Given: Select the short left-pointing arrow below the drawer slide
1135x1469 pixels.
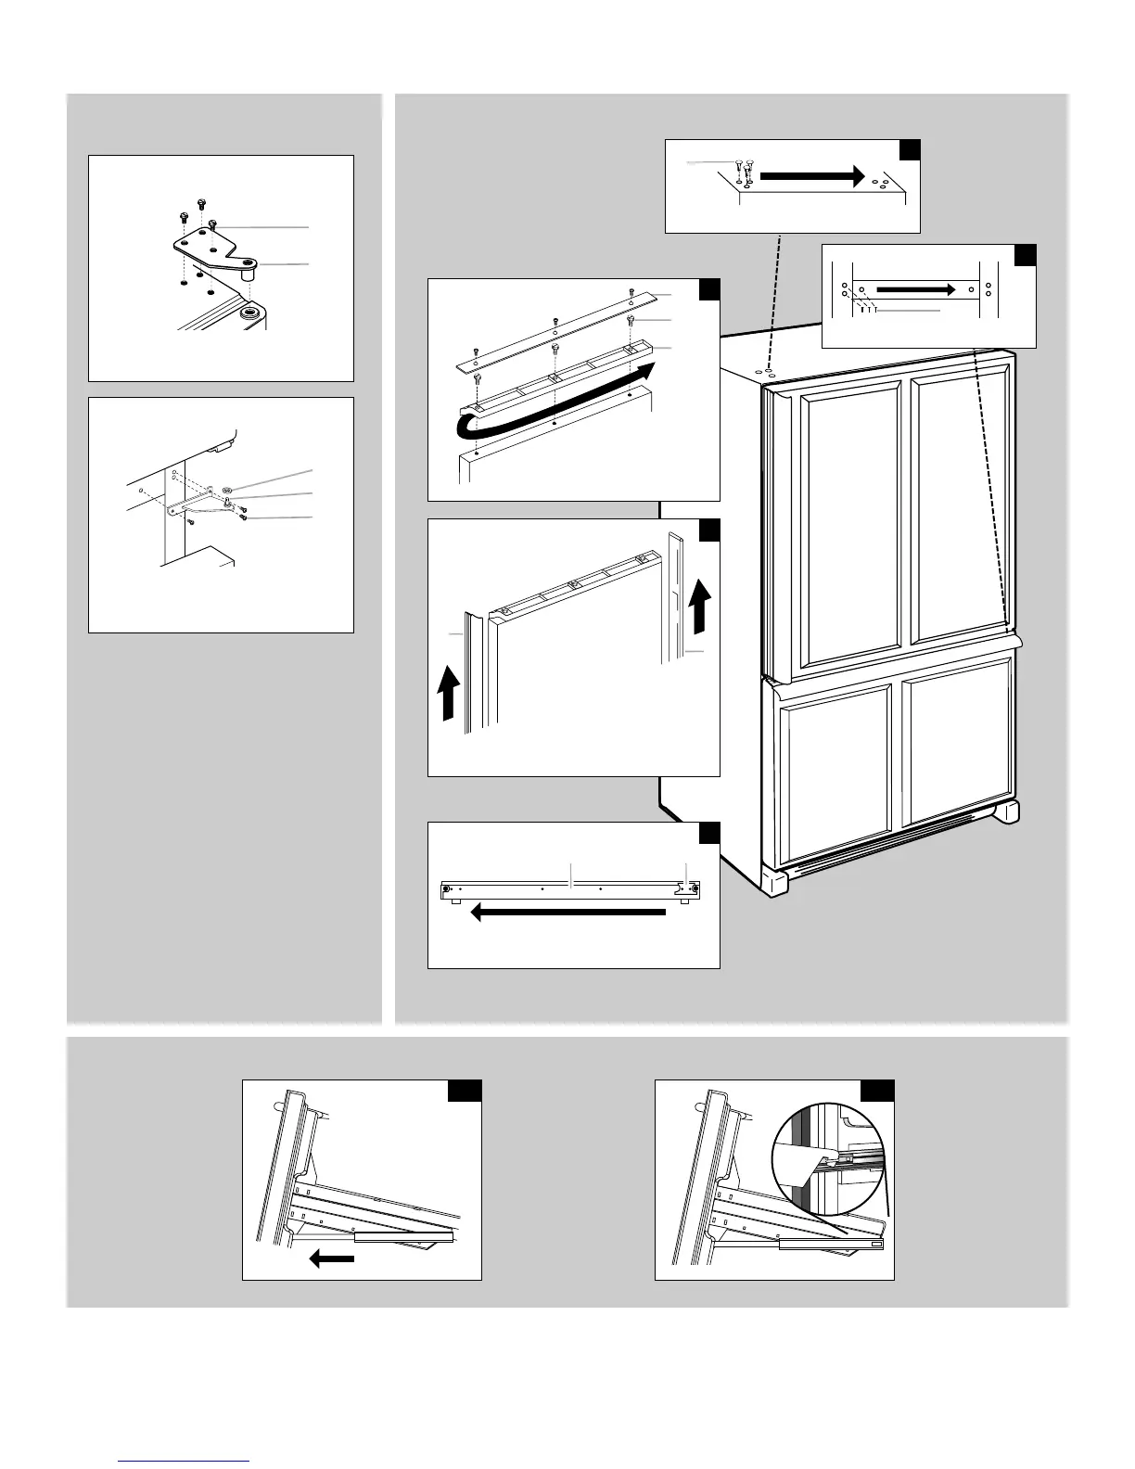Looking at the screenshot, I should coord(331,1258).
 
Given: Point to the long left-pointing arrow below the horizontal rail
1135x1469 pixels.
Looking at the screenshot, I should coord(567,913).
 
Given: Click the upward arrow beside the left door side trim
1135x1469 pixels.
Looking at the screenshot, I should coord(448,695).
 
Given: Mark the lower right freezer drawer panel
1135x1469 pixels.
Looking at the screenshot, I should coord(955,742).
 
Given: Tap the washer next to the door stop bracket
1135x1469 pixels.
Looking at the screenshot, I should coord(227,490).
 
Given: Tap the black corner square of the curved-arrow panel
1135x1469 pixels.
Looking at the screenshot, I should coord(709,289).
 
